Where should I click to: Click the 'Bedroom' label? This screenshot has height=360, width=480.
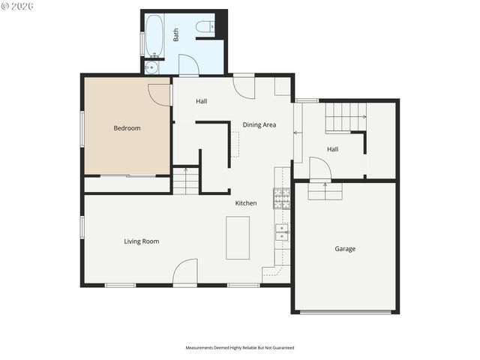[x=127, y=128]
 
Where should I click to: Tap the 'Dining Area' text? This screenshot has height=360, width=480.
[x=259, y=124]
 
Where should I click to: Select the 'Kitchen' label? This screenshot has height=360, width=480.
[x=246, y=203]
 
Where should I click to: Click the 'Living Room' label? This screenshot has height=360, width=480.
[x=141, y=241]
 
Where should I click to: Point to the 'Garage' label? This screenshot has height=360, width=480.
[x=345, y=249]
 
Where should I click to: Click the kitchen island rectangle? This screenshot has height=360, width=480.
[x=238, y=238]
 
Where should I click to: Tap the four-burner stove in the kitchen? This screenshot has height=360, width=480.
[x=281, y=198]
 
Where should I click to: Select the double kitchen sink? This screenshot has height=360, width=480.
[x=281, y=232]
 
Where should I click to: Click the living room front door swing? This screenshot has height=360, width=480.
[x=185, y=273]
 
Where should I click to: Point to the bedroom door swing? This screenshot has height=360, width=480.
[x=160, y=94]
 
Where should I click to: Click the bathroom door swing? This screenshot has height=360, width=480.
[x=189, y=65]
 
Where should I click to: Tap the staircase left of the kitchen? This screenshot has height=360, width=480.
[x=186, y=181]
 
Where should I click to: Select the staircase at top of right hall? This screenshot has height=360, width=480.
[x=345, y=117]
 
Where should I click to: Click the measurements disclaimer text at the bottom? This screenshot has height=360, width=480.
[x=240, y=348]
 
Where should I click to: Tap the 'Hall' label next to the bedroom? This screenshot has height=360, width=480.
[x=202, y=101]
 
